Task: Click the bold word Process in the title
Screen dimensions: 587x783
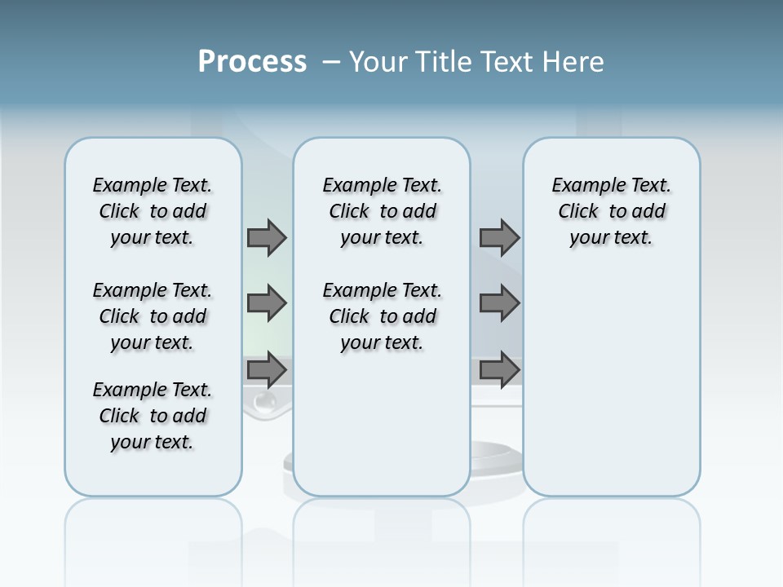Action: tap(252, 62)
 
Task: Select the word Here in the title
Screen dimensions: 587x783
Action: tap(573, 62)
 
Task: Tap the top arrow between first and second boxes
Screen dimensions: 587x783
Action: tap(267, 237)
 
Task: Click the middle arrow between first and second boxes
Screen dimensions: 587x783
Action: tap(267, 303)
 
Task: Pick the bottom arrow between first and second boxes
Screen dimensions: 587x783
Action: tap(267, 370)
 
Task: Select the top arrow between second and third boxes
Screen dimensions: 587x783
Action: tap(499, 237)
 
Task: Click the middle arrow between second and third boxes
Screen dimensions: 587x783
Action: tap(499, 303)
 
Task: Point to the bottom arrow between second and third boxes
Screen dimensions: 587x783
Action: tap(499, 370)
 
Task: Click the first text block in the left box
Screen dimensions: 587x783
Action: tap(153, 211)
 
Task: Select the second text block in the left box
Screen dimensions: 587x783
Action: tap(153, 316)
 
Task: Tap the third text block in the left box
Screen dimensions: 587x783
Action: tap(153, 416)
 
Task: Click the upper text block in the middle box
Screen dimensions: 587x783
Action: tap(382, 211)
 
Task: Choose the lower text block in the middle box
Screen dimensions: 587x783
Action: tap(382, 316)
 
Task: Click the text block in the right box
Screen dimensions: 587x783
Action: tap(612, 211)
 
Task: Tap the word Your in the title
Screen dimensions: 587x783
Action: tap(379, 62)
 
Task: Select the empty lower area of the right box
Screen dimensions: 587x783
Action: tap(612, 383)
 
